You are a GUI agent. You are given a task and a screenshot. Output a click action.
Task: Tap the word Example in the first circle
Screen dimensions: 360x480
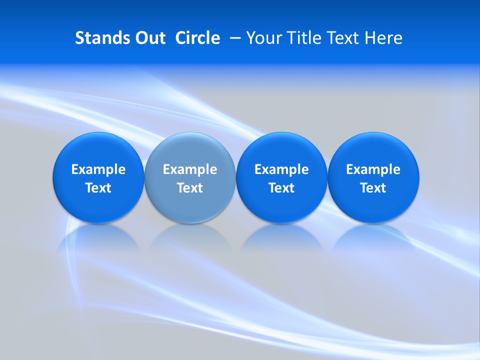coord(98,169)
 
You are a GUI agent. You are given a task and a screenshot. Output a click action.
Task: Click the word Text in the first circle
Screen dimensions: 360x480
coord(98,188)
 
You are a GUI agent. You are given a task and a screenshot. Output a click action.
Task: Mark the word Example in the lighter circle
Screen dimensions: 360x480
coord(190,169)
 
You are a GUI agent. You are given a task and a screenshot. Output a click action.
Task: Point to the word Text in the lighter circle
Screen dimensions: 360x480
coord(190,188)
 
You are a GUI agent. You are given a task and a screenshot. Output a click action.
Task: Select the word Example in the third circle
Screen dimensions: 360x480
coord(281,169)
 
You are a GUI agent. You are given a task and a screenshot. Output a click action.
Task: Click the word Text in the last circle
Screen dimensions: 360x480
coord(373,188)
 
